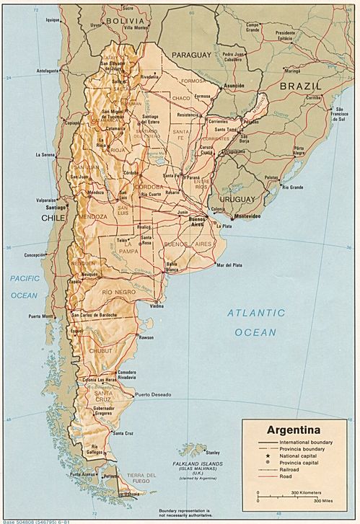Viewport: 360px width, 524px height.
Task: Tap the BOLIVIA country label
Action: (x=121, y=22)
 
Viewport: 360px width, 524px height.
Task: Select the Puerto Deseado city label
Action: (x=152, y=395)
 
